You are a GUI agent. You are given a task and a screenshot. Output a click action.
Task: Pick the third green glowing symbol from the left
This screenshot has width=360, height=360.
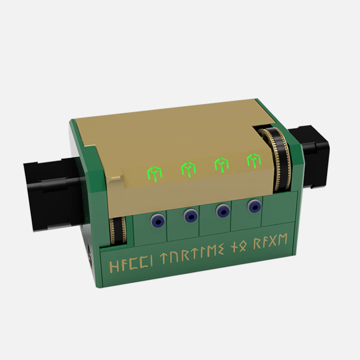[221, 165]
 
